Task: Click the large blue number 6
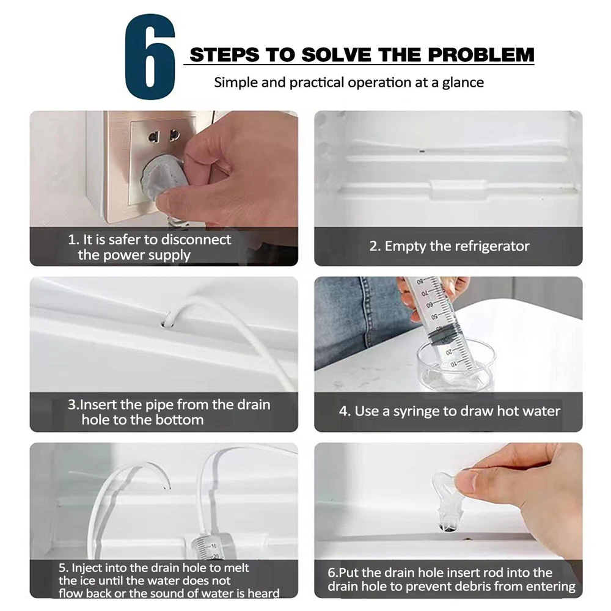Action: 150,57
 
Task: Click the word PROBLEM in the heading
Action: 481,54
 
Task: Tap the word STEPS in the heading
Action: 224,54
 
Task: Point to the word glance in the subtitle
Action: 463,83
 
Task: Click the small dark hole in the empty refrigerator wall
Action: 422,151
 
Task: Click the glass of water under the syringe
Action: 456,365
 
